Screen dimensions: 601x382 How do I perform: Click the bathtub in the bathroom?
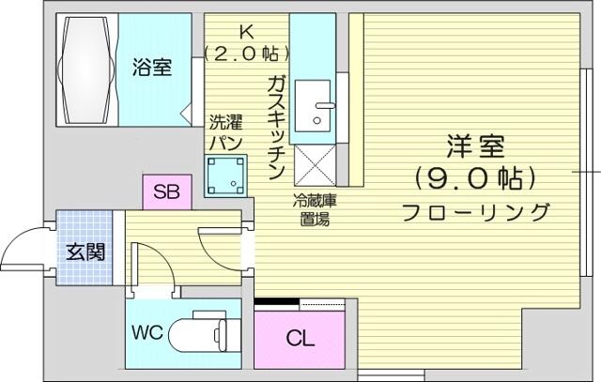click(86, 69)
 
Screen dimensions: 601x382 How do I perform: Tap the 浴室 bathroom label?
click(152, 67)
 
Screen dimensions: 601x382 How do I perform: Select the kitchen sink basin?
click(313, 106)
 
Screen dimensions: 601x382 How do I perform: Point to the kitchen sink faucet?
click(325, 105)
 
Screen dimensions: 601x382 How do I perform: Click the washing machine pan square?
click(225, 176)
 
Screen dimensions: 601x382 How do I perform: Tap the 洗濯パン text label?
click(225, 132)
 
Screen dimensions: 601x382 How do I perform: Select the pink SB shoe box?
click(167, 191)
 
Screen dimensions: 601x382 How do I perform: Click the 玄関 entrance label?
click(85, 252)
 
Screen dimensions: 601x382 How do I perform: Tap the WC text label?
click(147, 332)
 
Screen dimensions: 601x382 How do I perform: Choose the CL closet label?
click(300, 339)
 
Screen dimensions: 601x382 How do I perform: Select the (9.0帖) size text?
click(475, 178)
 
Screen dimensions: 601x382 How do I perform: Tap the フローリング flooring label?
click(475, 212)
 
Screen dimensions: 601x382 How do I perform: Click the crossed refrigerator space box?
click(315, 165)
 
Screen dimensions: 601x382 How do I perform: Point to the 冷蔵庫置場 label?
click(315, 210)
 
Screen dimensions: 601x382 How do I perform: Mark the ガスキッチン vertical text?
click(276, 128)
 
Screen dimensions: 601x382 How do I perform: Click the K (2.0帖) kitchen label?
click(246, 43)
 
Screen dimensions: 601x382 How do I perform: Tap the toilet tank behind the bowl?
click(223, 332)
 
